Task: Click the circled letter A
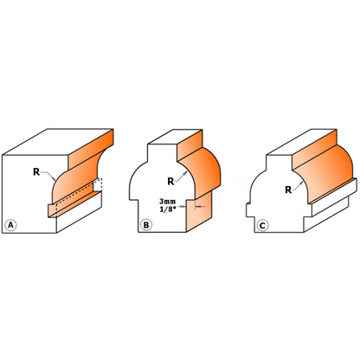(11, 225)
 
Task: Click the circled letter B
(146, 225)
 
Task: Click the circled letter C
(262, 225)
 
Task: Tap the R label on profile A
(36, 172)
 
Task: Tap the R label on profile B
(170, 182)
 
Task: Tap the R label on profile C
(288, 190)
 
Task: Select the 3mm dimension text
(167, 202)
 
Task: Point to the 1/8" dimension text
(168, 209)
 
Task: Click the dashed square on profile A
(98, 184)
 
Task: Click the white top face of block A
(59, 142)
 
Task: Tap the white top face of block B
(175, 137)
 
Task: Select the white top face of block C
(301, 142)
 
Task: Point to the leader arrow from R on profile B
(181, 176)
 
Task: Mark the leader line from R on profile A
(48, 175)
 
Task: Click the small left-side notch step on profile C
(247, 209)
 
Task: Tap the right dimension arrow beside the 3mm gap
(200, 206)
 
